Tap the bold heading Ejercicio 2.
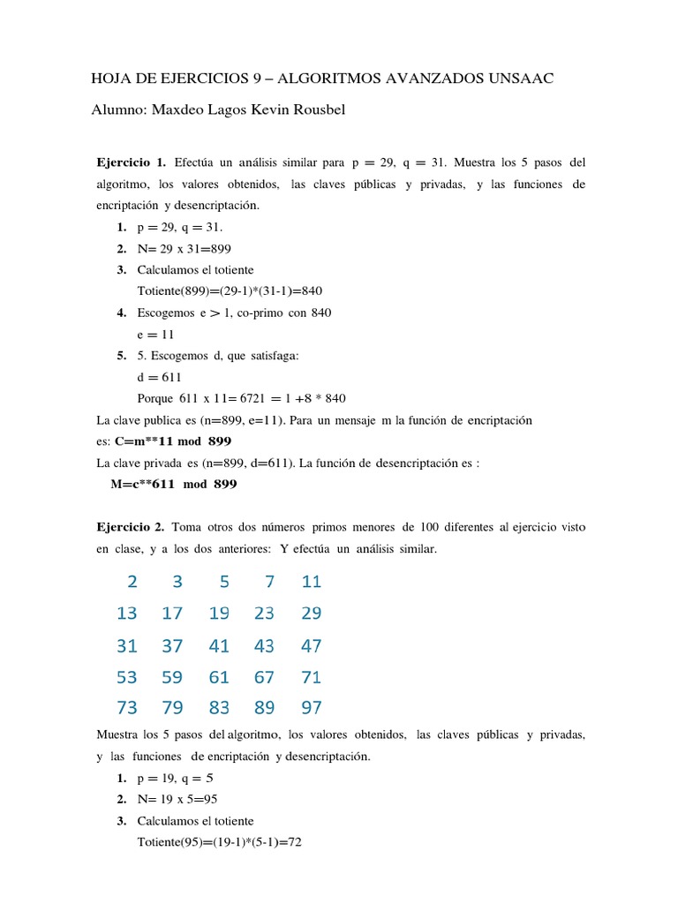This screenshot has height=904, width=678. tap(131, 527)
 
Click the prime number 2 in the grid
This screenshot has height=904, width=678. tap(132, 582)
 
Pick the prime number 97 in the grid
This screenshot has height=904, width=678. tap(311, 708)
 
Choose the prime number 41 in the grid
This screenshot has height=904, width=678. tap(219, 646)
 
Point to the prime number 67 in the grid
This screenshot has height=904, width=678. tap(264, 678)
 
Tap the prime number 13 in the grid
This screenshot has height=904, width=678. tap(127, 614)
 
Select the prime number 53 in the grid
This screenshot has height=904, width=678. tap(127, 678)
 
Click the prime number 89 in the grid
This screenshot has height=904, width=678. tap(264, 708)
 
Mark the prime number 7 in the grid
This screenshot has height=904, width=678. tap(269, 582)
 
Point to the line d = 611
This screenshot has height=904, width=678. tap(160, 377)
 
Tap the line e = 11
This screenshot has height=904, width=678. tap(157, 334)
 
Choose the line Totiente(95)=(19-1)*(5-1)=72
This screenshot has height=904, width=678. tap(220, 843)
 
